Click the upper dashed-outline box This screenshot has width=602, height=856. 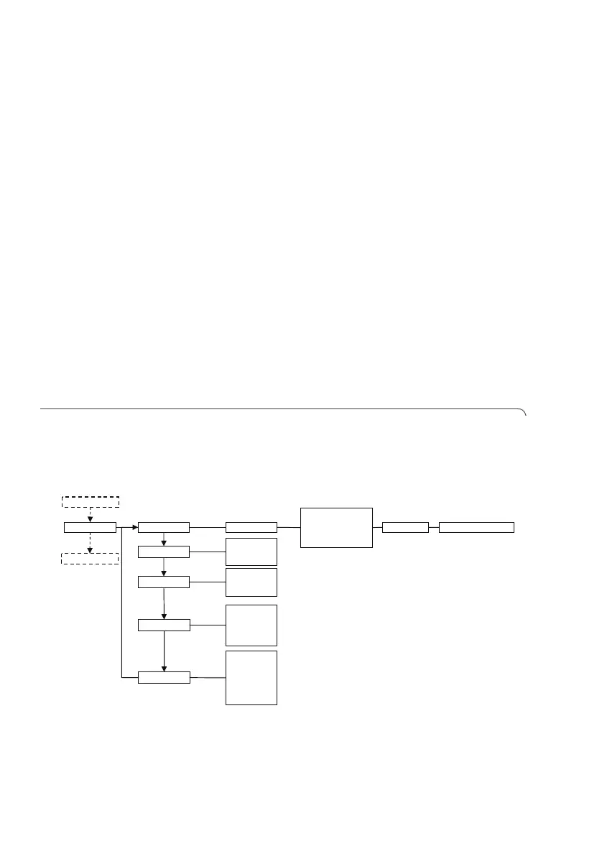click(90, 501)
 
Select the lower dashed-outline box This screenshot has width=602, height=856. click(90, 558)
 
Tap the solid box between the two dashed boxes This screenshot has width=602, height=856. click(90, 528)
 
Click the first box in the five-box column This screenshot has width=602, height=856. click(164, 528)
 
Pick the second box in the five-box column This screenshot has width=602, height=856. click(164, 552)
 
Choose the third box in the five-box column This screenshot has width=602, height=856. click(164, 582)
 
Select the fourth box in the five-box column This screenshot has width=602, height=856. click(164, 625)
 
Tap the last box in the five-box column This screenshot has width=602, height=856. click(164, 677)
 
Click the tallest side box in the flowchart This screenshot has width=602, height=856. click(251, 677)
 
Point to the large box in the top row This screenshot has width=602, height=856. click(336, 528)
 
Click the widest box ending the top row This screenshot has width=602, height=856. click(476, 528)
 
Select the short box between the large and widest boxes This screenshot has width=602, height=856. click(405, 528)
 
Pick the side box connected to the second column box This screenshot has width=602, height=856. click(251, 552)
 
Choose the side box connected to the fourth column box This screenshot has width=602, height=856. click(251, 625)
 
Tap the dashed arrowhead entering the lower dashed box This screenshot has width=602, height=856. click(90, 550)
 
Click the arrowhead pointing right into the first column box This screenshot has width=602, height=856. click(134, 528)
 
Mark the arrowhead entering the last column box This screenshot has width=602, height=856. click(165, 668)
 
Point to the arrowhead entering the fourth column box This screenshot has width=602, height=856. click(165, 615)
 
